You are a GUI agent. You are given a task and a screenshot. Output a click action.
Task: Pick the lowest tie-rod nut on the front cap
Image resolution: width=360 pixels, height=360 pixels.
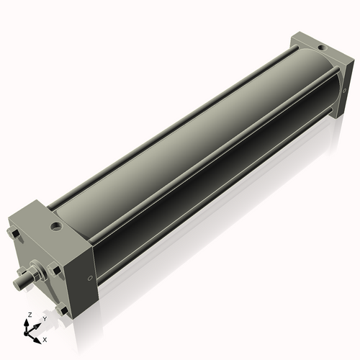[x=64, y=310]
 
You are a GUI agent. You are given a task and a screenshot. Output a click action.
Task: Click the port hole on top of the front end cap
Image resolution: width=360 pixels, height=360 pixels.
[x=56, y=227]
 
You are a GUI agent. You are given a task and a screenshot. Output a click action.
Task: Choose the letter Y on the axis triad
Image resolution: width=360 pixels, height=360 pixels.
[x=44, y=318]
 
